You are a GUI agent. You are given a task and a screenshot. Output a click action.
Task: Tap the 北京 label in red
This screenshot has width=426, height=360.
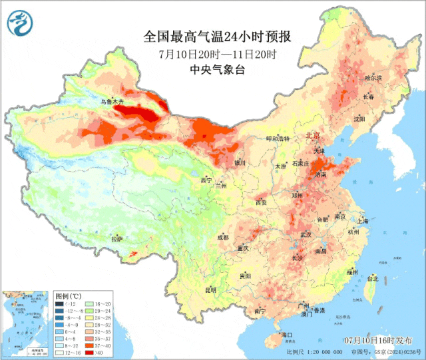coord(312,135)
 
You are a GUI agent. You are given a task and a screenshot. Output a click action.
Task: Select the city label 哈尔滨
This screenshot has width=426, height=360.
coord(373,78)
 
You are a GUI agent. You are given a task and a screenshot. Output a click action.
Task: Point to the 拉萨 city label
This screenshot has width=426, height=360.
coord(117,239)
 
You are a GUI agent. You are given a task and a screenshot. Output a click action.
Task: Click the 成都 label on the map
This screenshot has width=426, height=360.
coord(222,237)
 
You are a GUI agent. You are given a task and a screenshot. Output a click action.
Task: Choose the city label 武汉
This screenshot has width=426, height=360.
coord(306,234)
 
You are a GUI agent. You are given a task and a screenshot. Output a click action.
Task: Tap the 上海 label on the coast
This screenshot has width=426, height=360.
coord(362,220)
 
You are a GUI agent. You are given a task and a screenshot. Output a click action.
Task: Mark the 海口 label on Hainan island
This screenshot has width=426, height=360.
coord(287,334)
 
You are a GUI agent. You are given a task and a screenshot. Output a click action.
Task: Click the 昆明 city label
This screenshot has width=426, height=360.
coord(210,289)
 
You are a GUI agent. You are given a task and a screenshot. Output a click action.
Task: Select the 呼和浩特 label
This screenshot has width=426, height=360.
coord(278,138)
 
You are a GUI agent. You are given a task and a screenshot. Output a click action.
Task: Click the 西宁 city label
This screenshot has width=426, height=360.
coord(206,180)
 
